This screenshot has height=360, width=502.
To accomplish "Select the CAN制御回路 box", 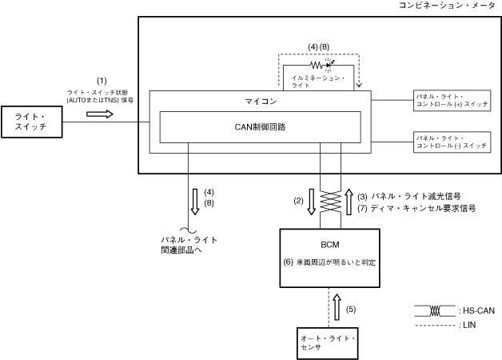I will tap(260, 127).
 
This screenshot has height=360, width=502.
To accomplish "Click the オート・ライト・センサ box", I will tap(329, 344).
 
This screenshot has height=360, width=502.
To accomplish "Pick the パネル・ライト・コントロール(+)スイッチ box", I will tap(452, 100).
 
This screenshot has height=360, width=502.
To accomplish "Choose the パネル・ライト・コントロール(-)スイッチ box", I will tap(452, 142).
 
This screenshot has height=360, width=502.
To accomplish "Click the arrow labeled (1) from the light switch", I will tap(100, 113).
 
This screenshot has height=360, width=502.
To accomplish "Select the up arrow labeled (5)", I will tap(337, 307).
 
